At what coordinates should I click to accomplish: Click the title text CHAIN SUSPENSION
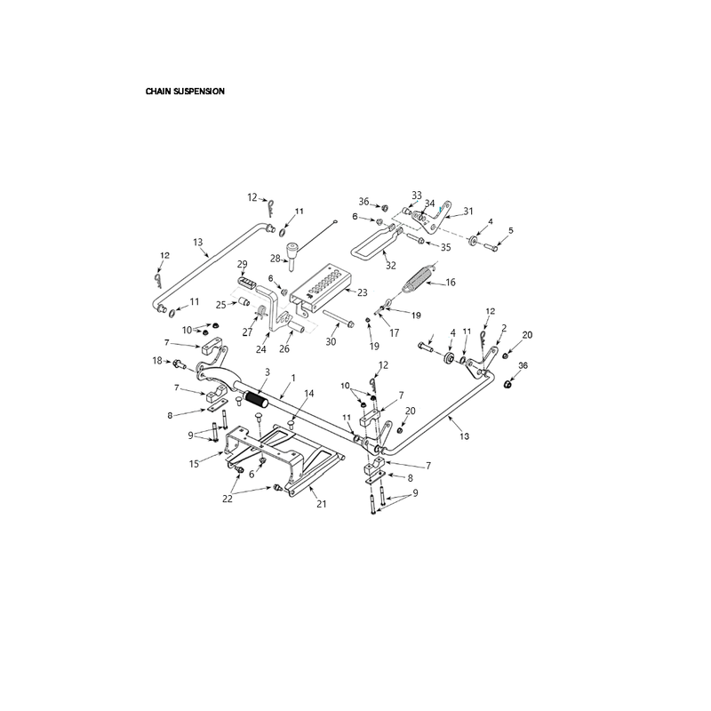[x=185, y=92]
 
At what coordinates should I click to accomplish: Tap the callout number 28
[x=276, y=259]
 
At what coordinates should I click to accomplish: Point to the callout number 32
[x=391, y=266]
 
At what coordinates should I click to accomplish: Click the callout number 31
[x=468, y=212]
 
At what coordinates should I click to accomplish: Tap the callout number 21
[x=322, y=504]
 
